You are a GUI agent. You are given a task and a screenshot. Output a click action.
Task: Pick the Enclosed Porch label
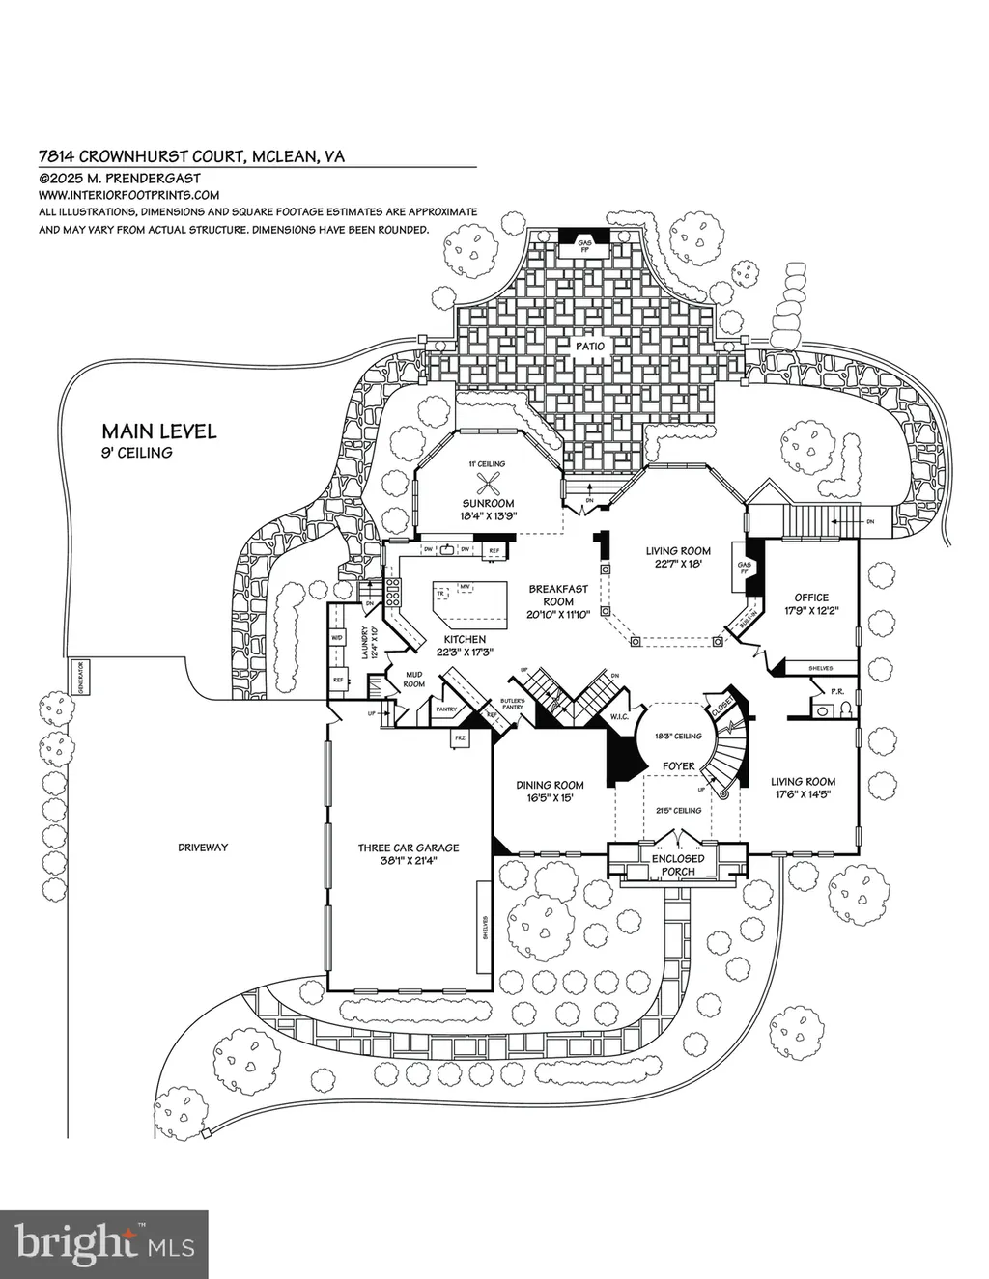pyautogui.click(x=678, y=865)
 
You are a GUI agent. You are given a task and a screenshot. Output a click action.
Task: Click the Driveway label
pyautogui.click(x=202, y=848)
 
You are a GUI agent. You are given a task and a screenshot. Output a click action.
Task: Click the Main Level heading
pyautogui.click(x=159, y=431)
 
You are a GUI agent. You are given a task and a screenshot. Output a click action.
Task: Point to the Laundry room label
pyautogui.click(x=364, y=642)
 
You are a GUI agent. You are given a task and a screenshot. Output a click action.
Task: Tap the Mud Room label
pyautogui.click(x=413, y=679)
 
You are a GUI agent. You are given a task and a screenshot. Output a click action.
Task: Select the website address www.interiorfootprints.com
pyautogui.click(x=128, y=194)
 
